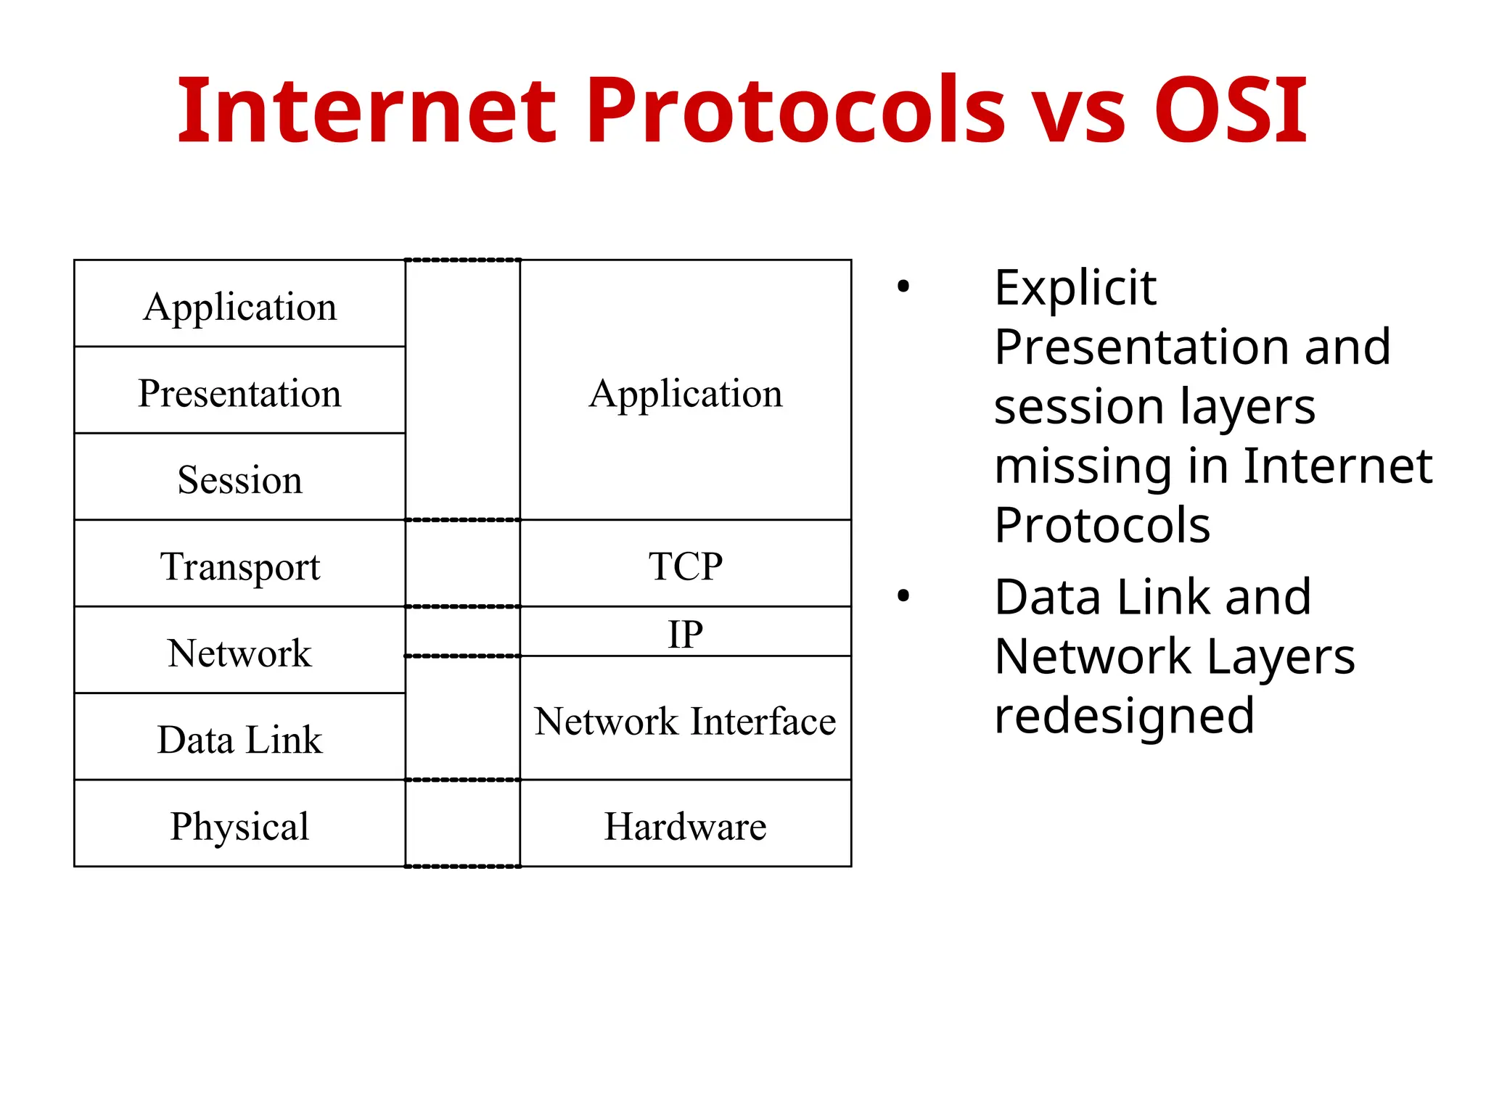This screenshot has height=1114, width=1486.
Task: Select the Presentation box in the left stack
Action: click(x=239, y=393)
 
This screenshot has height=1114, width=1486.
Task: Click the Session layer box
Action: click(x=239, y=479)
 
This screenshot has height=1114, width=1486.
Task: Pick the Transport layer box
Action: click(x=239, y=566)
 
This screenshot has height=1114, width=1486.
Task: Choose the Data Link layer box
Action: click(x=239, y=739)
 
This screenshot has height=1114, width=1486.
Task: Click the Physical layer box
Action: click(x=239, y=825)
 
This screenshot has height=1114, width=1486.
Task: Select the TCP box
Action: click(x=685, y=566)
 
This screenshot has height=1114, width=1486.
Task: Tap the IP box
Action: click(x=685, y=633)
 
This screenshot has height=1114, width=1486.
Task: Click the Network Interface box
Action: click(x=685, y=720)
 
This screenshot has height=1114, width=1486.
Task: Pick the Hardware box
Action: click(x=685, y=825)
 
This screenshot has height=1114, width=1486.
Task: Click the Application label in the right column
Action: click(x=685, y=393)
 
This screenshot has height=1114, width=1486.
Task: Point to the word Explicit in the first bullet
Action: click(x=1075, y=288)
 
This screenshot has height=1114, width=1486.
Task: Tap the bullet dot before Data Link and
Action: click(x=903, y=596)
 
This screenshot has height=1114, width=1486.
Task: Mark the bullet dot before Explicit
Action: click(x=903, y=286)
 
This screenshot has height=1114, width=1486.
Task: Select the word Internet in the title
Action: click(x=367, y=110)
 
